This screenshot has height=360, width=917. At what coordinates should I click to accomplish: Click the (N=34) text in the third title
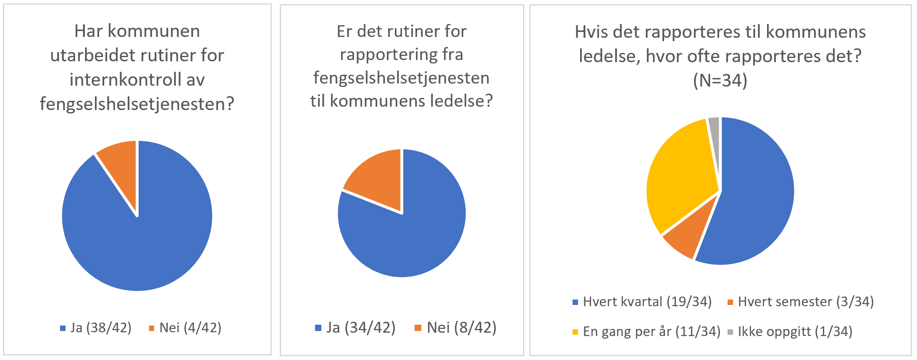pos(720,80)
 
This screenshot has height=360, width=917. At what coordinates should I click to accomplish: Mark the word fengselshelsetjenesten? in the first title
pos(137,104)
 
